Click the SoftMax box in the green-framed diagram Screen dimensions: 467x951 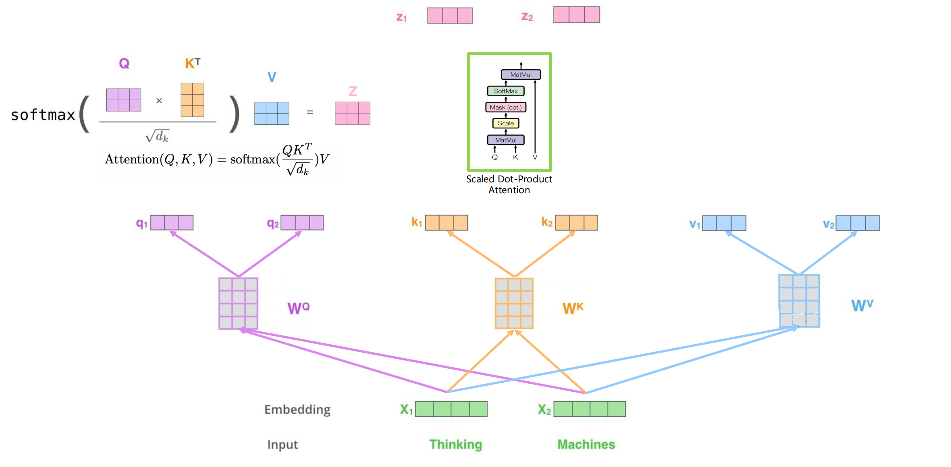point(506,91)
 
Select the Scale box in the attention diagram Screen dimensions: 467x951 point(506,123)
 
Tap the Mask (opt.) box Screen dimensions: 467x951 point(506,107)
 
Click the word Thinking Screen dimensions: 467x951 point(455,444)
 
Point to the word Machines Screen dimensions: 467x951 point(586,444)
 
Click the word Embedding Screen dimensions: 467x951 point(297,409)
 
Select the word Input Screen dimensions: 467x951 point(282,444)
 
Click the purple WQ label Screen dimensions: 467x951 point(298,308)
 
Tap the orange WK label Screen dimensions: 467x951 point(573,308)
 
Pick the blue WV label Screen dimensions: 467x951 point(862,305)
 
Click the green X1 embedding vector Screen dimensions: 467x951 point(451,409)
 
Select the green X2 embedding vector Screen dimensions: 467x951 point(590,409)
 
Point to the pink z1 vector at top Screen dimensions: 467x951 point(450,16)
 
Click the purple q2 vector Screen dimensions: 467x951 point(302,223)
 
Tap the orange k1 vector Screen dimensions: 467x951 point(446,223)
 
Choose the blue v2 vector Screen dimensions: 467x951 point(858,223)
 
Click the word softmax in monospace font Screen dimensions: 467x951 point(43,115)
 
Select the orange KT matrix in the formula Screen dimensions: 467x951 point(192,100)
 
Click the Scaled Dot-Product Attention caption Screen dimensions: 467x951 point(509,184)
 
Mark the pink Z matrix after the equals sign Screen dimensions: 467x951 point(352,113)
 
